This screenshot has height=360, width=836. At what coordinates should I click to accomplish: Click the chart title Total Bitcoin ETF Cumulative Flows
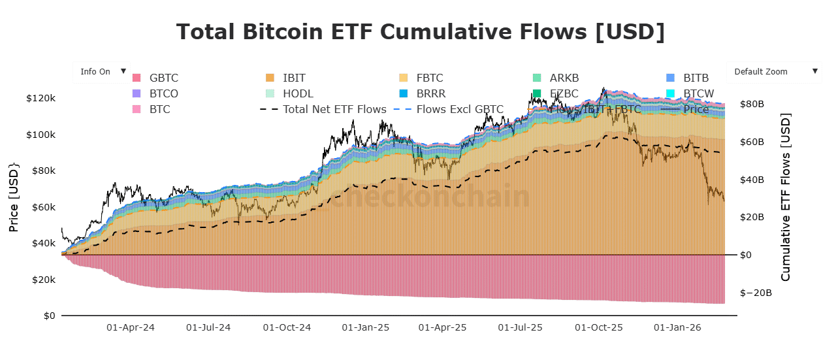tap(420, 32)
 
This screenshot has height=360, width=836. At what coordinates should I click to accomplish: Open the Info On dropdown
tap(101, 72)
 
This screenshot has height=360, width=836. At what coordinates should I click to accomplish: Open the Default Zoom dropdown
tap(774, 72)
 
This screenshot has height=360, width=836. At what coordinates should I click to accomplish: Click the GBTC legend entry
tap(163, 78)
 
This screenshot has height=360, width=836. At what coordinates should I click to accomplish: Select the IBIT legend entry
tap(294, 78)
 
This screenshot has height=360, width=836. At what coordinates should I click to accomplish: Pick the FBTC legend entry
tap(429, 78)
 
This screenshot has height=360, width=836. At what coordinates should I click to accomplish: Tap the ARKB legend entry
tap(564, 78)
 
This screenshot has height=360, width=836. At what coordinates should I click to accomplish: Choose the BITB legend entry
tap(696, 78)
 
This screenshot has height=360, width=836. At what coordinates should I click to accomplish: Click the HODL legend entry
tap(298, 93)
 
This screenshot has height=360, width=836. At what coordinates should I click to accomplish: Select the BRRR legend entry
tap(430, 93)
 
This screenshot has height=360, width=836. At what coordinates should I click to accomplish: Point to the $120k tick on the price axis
tap(40, 99)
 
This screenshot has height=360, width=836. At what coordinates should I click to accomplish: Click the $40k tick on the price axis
tap(42, 244)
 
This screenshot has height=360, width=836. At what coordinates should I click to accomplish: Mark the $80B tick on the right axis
tap(752, 104)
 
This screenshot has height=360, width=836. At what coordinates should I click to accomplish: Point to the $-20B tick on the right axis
tap(754, 293)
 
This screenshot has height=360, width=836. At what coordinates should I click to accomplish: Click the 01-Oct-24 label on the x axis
tap(287, 327)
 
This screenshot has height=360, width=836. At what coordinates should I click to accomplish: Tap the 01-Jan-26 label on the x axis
tap(677, 327)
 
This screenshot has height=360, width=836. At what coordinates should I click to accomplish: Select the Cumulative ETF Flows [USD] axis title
tap(786, 198)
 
